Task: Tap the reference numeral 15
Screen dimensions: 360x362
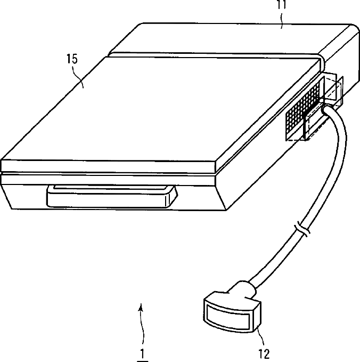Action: point(71,59)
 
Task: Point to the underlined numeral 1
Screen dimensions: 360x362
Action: point(142,352)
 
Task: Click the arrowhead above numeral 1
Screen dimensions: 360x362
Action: point(141,307)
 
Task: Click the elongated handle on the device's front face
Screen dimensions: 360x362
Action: point(111,196)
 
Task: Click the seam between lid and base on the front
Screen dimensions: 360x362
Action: point(107,174)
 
